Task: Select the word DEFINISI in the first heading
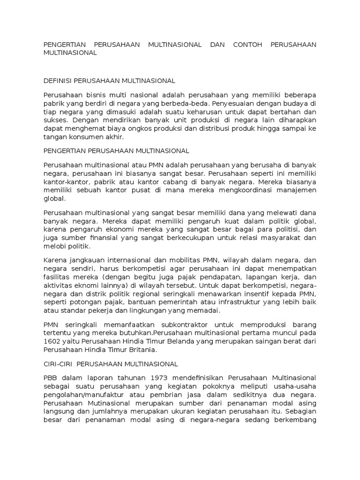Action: click(57, 81)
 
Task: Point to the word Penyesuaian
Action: click(232, 104)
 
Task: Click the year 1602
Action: click(52, 341)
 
